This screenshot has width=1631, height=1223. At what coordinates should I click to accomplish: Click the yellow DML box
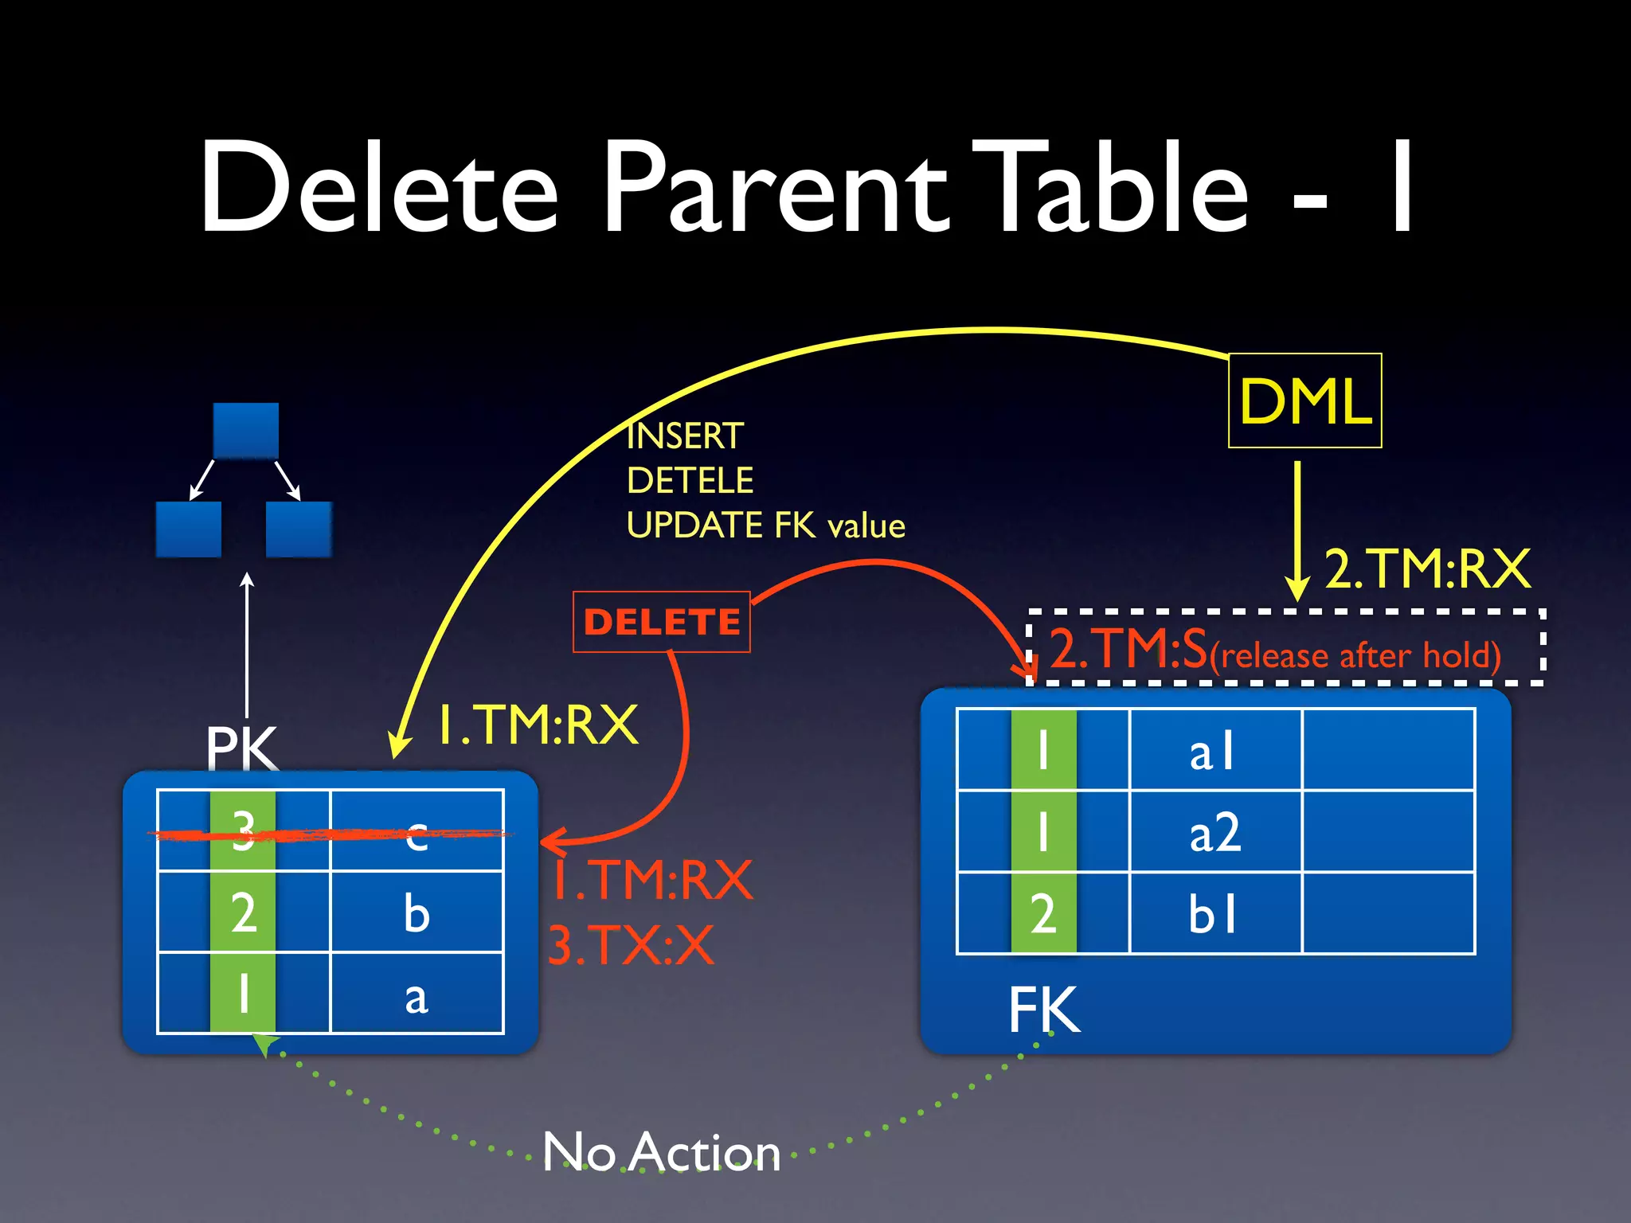[x=1304, y=401]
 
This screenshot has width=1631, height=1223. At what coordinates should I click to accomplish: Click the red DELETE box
[x=662, y=622]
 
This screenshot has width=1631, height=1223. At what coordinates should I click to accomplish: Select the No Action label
[x=662, y=1151]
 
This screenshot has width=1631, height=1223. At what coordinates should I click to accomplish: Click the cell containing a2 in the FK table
[x=1215, y=832]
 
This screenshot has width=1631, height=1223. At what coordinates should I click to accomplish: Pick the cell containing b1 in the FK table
[x=1215, y=913]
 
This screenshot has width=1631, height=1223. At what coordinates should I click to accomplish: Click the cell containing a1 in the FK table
[x=1215, y=751]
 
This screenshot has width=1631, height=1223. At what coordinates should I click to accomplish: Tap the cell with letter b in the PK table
[x=417, y=912]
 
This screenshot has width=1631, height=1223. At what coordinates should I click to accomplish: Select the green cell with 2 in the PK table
[x=244, y=912]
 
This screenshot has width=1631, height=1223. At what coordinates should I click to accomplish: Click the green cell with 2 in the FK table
[x=1043, y=913]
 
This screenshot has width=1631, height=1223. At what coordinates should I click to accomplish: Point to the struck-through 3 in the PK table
[x=244, y=831]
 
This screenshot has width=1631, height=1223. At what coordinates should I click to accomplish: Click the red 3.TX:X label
[x=631, y=946]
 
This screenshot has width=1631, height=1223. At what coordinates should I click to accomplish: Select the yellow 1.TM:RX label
[x=538, y=725]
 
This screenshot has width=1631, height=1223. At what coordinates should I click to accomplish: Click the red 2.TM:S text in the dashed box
[x=1129, y=649]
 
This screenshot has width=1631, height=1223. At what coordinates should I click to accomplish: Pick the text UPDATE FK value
[x=765, y=526]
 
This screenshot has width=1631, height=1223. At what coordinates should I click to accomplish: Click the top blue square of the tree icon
[x=246, y=431]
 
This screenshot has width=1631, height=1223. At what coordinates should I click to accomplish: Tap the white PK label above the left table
[x=241, y=747]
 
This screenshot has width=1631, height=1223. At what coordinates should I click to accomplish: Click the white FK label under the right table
[x=1044, y=1010]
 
